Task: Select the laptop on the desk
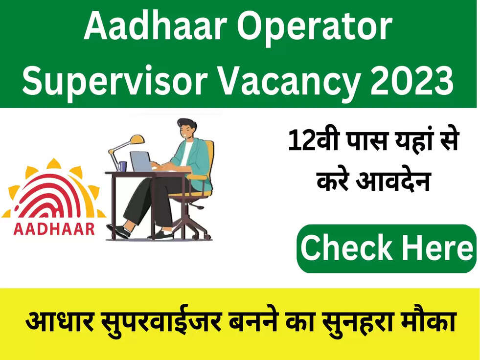[141, 161]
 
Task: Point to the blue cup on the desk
[122, 166]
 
